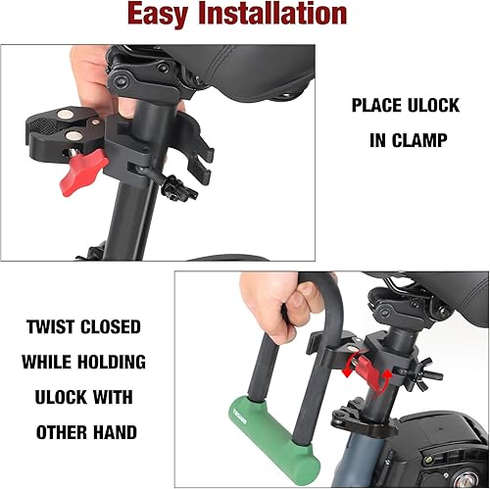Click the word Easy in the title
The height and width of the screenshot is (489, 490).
[183, 15]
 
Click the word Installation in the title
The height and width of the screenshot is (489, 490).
[284, 15]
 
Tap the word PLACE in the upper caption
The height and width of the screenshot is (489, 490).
[376, 104]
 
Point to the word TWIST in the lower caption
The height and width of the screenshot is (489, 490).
[52, 327]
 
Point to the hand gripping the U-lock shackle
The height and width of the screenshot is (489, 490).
[282, 294]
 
